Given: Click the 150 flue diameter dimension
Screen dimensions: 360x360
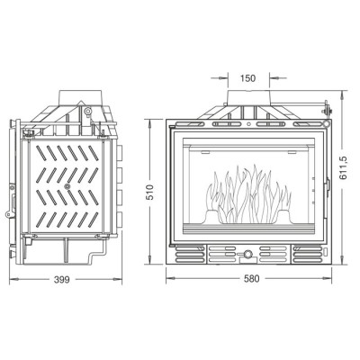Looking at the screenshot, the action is click(x=247, y=78).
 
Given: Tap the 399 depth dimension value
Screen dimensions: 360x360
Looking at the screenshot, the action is click(x=61, y=280).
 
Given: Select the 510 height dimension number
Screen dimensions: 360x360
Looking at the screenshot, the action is click(x=150, y=192).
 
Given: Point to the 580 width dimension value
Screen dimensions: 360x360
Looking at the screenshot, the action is click(x=251, y=279).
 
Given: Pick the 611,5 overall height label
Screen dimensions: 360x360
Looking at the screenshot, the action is click(x=343, y=167).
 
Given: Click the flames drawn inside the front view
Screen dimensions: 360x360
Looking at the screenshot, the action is click(x=248, y=194).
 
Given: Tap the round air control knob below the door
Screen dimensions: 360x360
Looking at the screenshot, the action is click(x=247, y=255).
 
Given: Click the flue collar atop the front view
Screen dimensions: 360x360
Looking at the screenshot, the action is click(x=248, y=97).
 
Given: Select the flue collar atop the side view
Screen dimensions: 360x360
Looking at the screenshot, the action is click(x=82, y=97).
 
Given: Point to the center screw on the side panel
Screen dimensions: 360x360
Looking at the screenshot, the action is click(x=67, y=186).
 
